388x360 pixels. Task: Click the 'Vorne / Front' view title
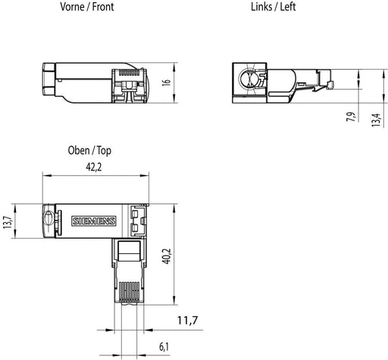click(87, 7)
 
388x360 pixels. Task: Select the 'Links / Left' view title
click(273, 7)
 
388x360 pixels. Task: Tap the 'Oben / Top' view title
click(89, 151)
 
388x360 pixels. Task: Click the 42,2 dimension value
click(94, 167)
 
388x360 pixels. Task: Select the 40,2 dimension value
click(167, 256)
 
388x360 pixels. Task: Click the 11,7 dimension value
click(187, 321)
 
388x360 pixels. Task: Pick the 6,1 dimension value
click(164, 347)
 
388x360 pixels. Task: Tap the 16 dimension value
click(167, 83)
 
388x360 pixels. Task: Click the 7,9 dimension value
click(351, 117)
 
